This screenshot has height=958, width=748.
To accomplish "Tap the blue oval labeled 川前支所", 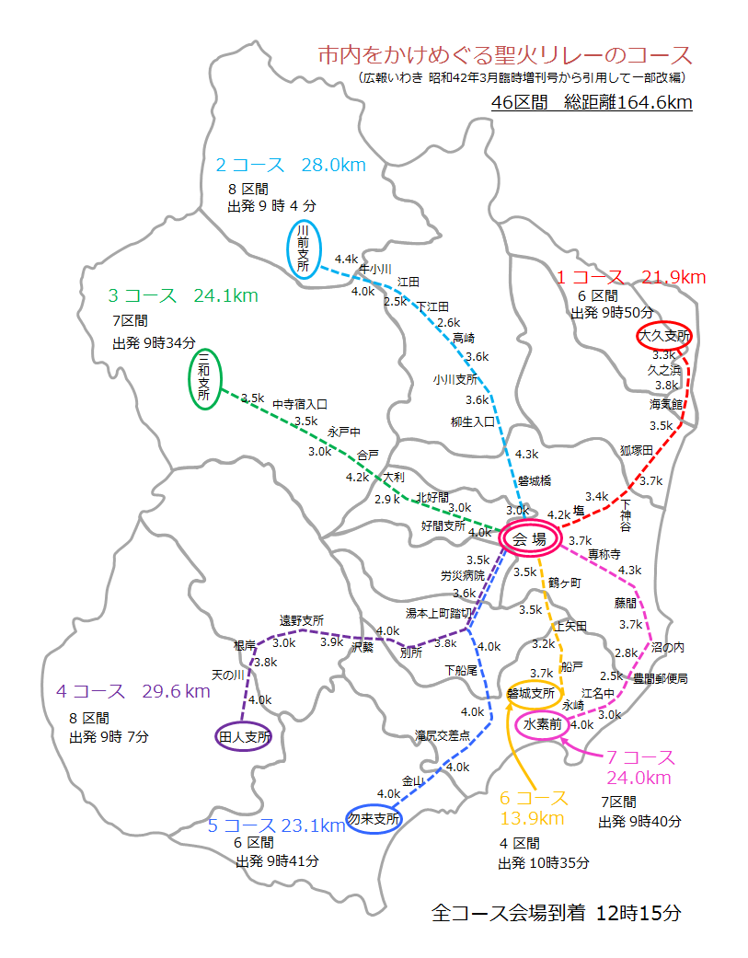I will pos(302,248).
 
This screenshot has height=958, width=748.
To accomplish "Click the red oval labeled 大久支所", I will pos(664,337).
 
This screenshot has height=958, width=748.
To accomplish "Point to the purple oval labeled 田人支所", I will pos(244,736).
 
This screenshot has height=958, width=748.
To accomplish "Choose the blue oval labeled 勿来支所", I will pos(374,818).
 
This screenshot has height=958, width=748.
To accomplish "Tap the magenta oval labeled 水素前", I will pos(543,725).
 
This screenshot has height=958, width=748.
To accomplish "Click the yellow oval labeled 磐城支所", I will pos(530,693).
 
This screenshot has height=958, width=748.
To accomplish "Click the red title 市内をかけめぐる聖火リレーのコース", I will pos(503,54).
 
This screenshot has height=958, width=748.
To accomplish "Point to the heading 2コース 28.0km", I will pos(291,165).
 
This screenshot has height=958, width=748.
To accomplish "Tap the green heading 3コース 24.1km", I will pos(183,295).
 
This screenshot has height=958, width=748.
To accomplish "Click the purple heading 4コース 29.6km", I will pos(132,690).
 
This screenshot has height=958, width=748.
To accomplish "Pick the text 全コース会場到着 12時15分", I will pos(557,914).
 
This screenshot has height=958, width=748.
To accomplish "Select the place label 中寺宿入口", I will pos(299,403).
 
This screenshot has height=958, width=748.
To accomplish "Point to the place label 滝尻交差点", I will pos(443,735).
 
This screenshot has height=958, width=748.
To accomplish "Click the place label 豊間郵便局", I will pos(660,678).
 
